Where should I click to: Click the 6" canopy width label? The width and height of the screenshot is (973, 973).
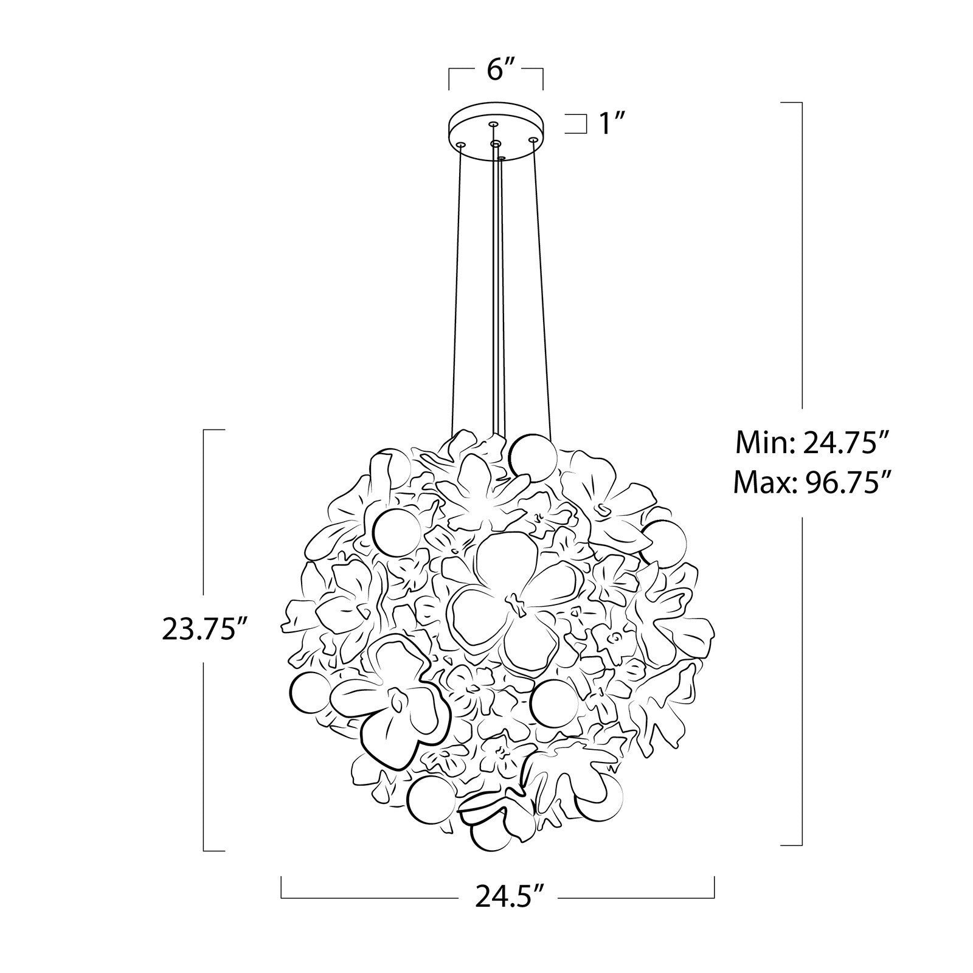point(496,71)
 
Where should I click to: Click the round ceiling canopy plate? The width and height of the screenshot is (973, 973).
point(496,133)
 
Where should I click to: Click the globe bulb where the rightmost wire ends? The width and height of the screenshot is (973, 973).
point(533,458)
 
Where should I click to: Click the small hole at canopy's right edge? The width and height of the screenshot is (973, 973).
point(533,140)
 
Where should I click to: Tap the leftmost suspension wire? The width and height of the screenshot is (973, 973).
point(456,286)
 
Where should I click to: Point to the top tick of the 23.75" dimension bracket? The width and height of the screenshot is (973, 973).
point(214,430)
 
